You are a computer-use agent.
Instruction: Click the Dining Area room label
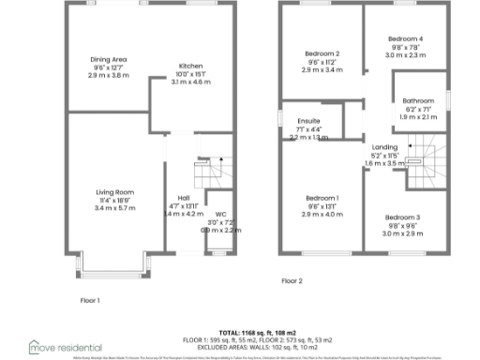click(108, 59)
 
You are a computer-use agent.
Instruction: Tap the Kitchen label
click(191, 67)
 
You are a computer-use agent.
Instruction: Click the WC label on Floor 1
click(220, 215)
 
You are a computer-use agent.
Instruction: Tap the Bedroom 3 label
click(402, 217)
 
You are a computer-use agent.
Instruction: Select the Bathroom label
click(418, 100)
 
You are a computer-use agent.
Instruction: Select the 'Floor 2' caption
click(292, 280)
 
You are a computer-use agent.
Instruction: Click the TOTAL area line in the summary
click(243, 333)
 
